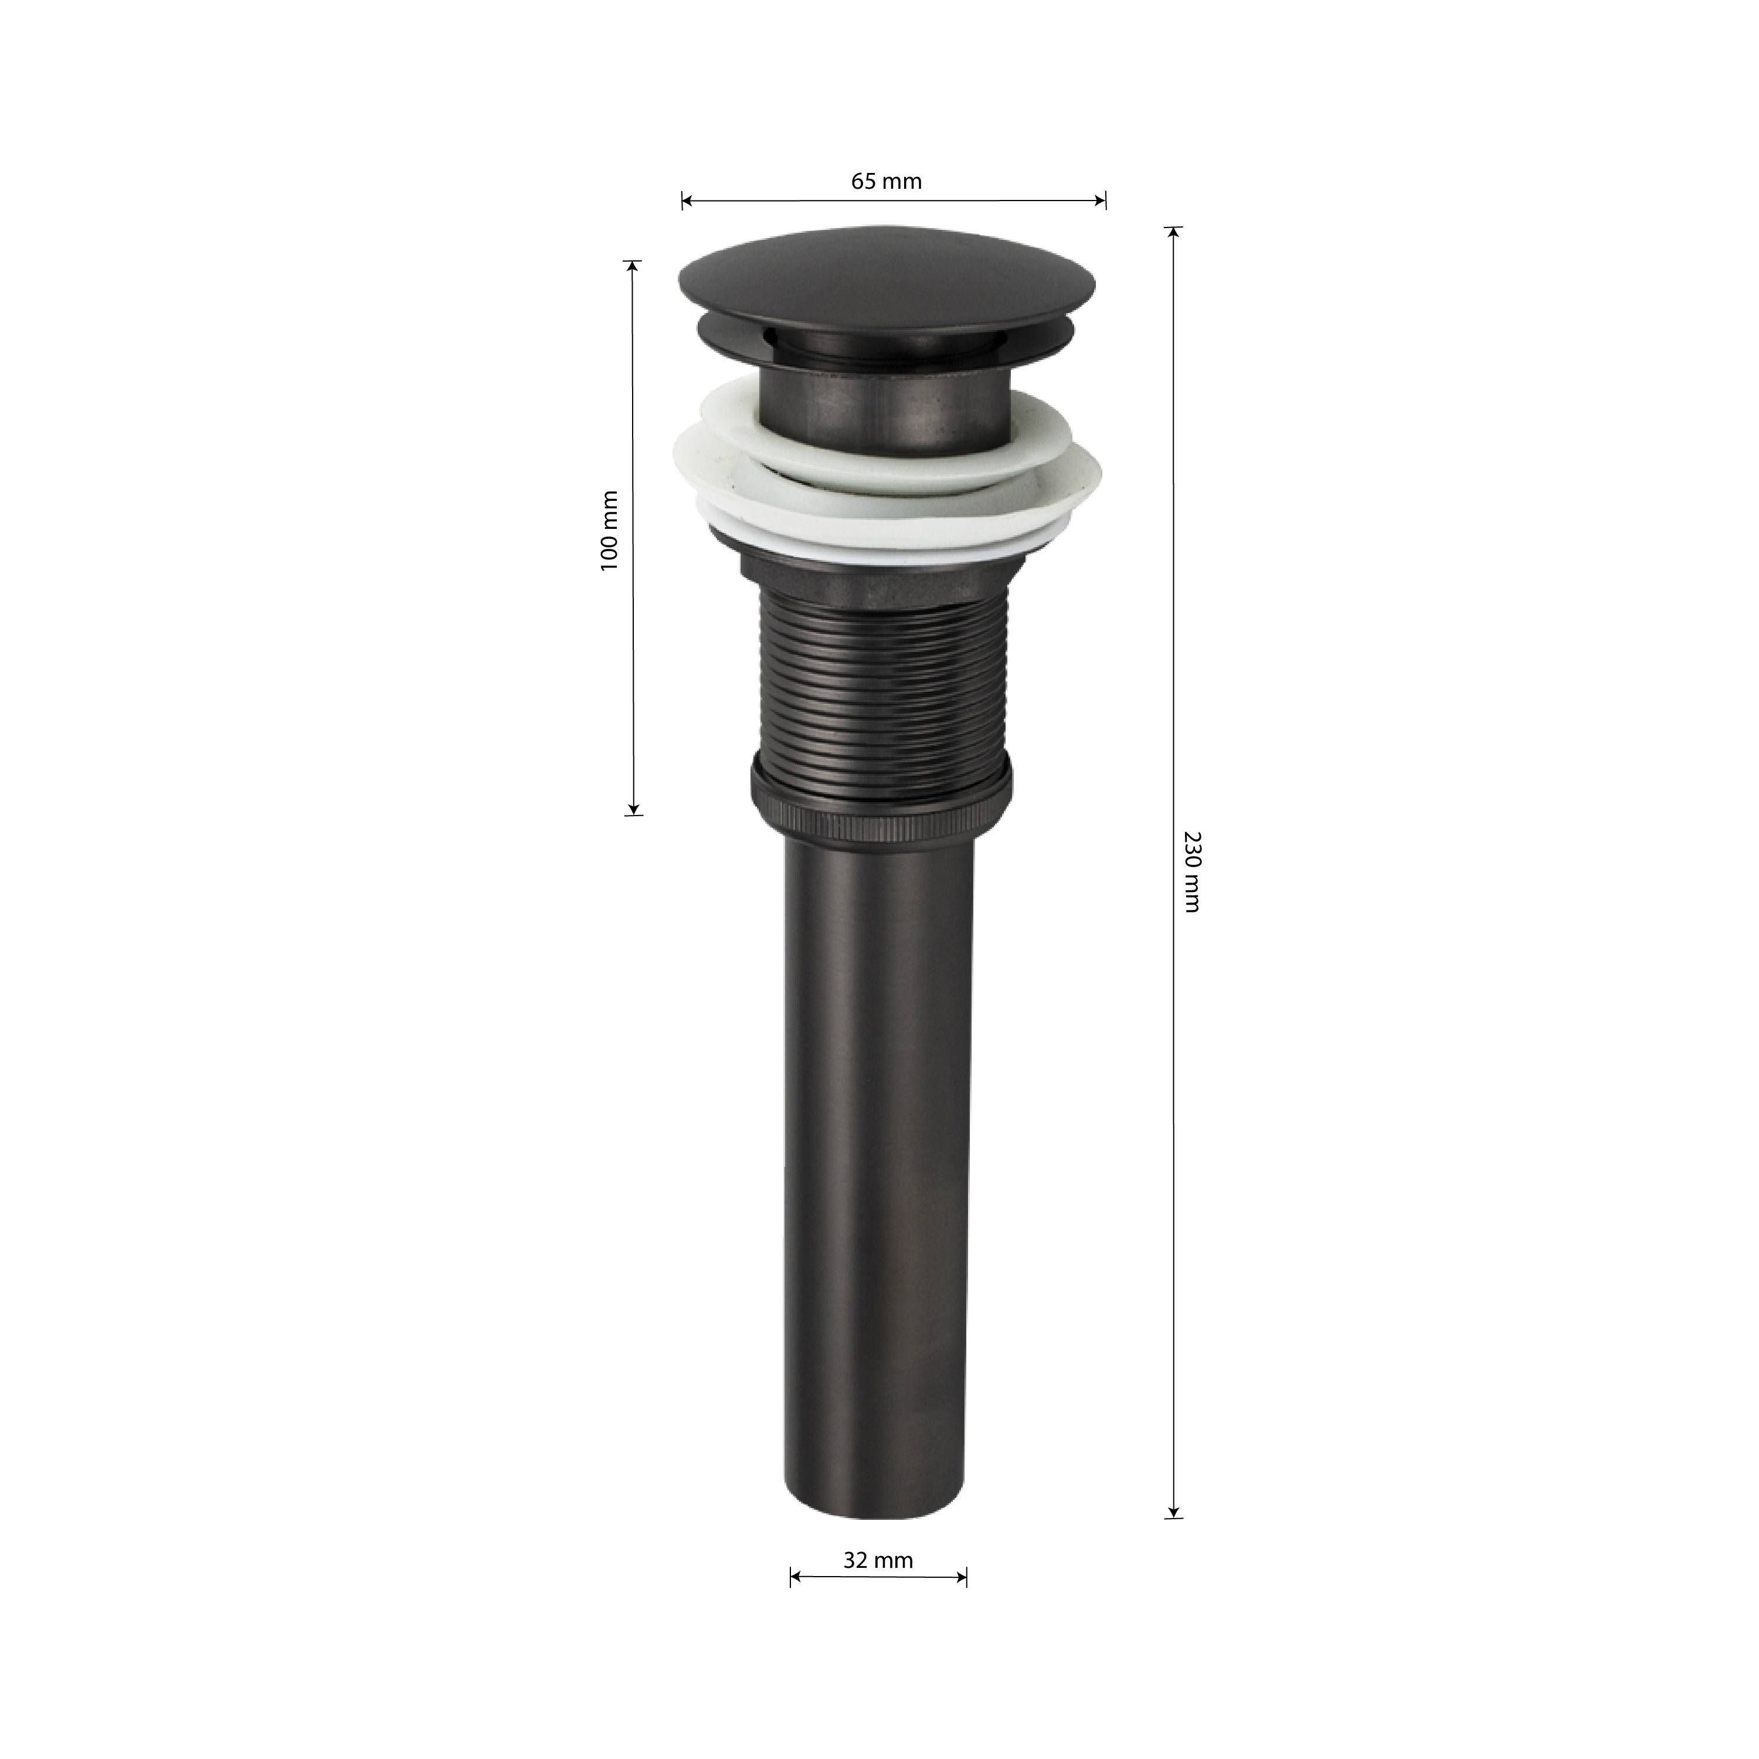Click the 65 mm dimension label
[886, 181]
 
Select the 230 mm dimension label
[1193, 871]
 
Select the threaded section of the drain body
[881, 683]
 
